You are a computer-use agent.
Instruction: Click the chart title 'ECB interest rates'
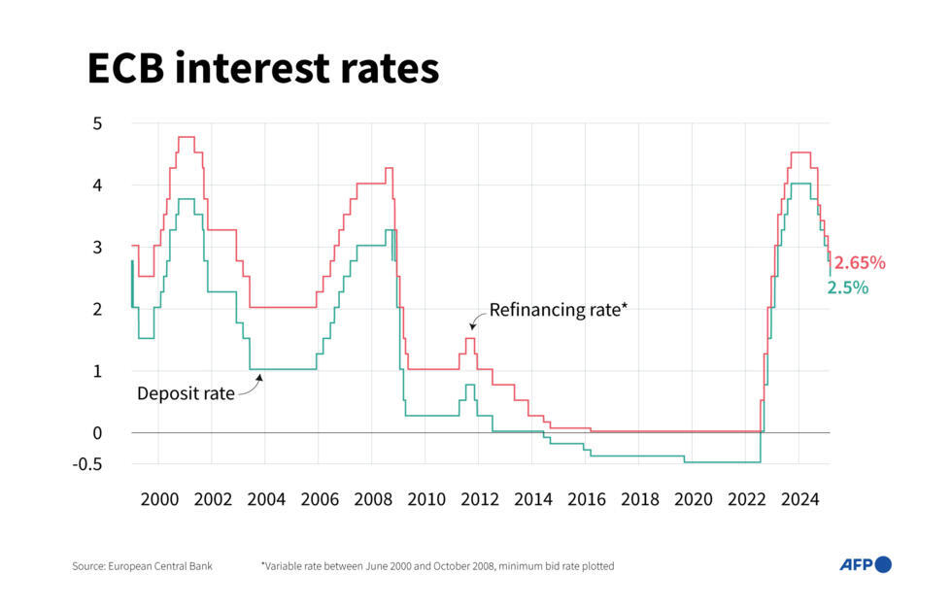coord(262,69)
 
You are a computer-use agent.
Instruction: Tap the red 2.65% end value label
coord(860,262)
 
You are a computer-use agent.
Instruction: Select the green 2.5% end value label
coord(847,287)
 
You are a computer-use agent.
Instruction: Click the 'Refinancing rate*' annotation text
coord(559,310)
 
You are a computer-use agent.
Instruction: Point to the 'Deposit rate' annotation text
coord(186,393)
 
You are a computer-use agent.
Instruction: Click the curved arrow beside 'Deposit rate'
coord(251,385)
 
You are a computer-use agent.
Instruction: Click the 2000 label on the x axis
coord(159,500)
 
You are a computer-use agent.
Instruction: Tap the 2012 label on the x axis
coord(479,500)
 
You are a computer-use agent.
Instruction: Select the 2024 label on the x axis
coord(799,500)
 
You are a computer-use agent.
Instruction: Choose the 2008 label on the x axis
coord(373,500)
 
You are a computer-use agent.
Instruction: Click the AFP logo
coord(865,564)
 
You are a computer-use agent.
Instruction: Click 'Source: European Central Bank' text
coord(142,565)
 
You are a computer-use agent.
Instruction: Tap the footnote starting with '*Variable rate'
coord(436,565)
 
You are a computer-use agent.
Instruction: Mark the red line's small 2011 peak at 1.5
coord(470,338)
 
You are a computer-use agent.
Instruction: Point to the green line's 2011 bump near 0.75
coord(470,385)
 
